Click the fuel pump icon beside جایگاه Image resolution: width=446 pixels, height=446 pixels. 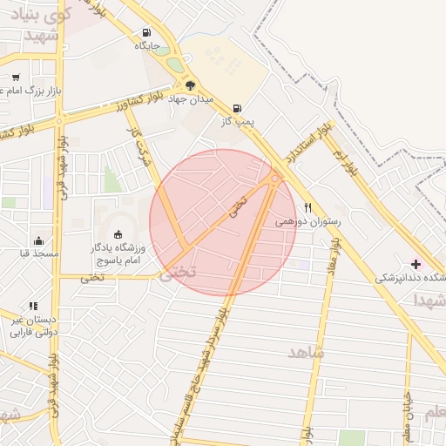click(x=145, y=34)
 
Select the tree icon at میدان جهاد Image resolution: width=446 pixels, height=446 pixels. click(x=189, y=84)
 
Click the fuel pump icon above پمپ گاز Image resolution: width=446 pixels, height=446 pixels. click(x=238, y=109)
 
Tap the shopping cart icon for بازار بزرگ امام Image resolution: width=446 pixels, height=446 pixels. click(x=16, y=77)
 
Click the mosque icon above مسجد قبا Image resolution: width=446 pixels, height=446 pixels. click(x=38, y=240)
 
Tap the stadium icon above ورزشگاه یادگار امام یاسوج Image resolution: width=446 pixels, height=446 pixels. click(x=118, y=233)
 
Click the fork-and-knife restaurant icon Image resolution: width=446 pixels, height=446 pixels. click(x=307, y=207)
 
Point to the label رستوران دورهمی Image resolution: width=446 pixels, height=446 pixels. click(x=308, y=222)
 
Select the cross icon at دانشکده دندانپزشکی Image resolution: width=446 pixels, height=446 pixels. click(x=415, y=264)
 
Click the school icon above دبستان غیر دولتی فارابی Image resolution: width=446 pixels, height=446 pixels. click(x=33, y=306)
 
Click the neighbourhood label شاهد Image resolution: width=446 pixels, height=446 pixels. click(x=306, y=351)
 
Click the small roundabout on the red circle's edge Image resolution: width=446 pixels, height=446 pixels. click(x=274, y=179)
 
